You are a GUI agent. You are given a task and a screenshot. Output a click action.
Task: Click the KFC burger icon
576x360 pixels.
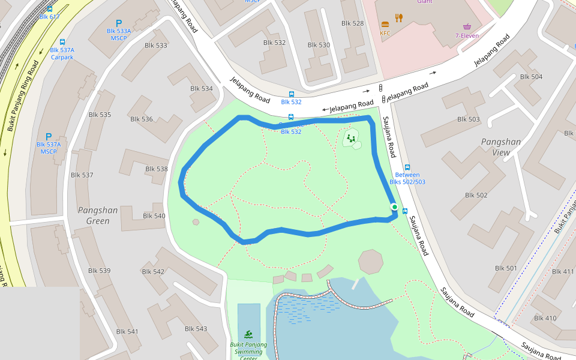(x=385, y=25)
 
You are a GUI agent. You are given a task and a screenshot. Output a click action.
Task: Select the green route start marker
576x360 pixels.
(x=394, y=207)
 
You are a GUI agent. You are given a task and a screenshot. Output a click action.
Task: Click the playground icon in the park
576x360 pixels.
(x=351, y=139)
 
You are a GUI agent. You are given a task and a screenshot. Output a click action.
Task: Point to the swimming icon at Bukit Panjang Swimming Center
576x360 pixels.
(x=248, y=334)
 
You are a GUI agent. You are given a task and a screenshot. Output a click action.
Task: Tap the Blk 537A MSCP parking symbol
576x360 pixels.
(x=49, y=137)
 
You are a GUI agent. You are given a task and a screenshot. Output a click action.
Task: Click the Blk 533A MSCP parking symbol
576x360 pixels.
(x=119, y=23)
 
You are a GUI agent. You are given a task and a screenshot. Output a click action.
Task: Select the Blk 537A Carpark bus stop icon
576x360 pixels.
(x=62, y=42)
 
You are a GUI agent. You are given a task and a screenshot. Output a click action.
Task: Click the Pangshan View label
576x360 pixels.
(x=500, y=147)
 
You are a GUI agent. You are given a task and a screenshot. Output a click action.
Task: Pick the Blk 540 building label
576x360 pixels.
(x=154, y=216)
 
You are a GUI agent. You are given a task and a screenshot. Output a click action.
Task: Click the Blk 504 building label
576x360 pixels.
(x=531, y=77)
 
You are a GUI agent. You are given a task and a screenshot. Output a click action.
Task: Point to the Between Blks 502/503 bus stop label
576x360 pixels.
(x=407, y=178)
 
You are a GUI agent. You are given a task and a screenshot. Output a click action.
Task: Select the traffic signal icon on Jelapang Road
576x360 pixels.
(x=380, y=89)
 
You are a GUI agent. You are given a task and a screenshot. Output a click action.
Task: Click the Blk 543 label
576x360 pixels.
(x=196, y=329)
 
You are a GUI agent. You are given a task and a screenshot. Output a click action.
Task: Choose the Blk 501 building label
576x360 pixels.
(x=506, y=268)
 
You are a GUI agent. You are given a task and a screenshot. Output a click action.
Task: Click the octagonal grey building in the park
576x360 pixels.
(x=370, y=262)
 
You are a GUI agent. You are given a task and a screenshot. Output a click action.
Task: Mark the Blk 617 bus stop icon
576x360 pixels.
(x=50, y=9)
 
